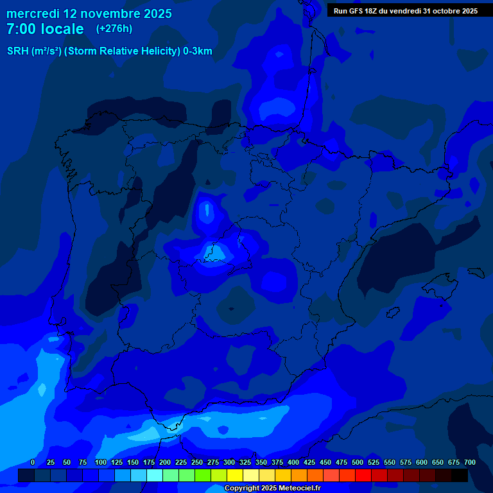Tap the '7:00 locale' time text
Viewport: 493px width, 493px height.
[x=45, y=29]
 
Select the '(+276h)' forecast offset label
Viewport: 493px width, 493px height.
[x=114, y=29]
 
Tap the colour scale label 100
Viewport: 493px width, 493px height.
[x=100, y=462]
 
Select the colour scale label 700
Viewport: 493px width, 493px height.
[x=469, y=462]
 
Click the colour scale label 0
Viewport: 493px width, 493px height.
[x=33, y=462]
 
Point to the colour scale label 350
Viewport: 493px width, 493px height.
[x=261, y=462]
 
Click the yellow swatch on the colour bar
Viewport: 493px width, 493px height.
[x=235, y=475]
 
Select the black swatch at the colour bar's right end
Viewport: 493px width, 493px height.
[x=460, y=475]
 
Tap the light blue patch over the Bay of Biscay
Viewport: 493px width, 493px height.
[x=278, y=106]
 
